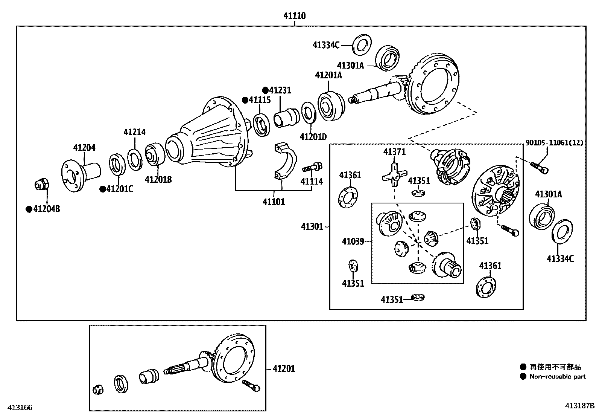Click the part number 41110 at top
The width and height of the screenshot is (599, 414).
(x=294, y=16)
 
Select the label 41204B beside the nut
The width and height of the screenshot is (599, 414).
(x=46, y=209)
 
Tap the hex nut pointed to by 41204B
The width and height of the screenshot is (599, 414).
(x=41, y=185)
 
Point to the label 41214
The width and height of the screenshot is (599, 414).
(x=134, y=132)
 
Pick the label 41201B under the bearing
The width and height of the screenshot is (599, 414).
(x=158, y=180)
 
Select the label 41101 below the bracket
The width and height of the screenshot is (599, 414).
(x=274, y=202)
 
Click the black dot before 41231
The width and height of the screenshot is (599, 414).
(x=265, y=90)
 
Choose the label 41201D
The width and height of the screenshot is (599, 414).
(x=313, y=136)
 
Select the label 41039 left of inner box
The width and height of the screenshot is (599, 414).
(x=353, y=241)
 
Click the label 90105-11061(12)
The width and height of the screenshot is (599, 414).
(x=554, y=142)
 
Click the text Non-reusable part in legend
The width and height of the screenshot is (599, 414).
(x=558, y=377)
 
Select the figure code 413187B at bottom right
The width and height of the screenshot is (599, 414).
(x=579, y=406)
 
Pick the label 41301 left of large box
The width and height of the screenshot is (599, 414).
(x=312, y=226)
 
